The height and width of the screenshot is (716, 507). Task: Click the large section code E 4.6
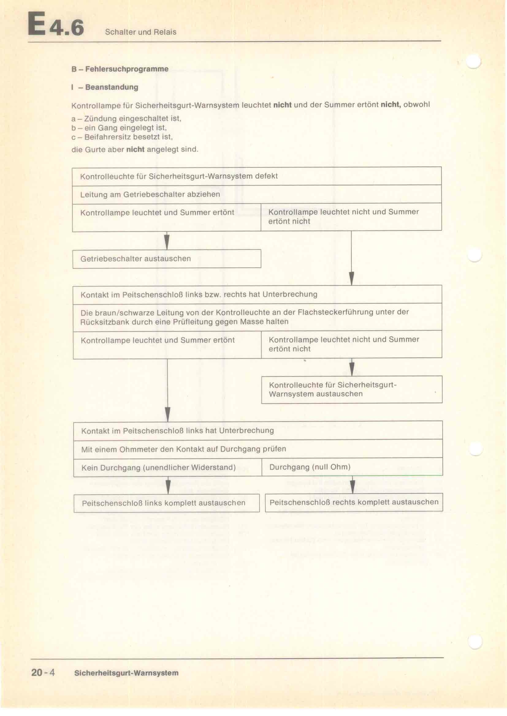click(x=56, y=24)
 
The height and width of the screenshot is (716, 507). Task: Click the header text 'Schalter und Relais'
click(x=140, y=32)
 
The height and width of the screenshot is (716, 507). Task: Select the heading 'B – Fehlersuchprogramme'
click(x=120, y=69)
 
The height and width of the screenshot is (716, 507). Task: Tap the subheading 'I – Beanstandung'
click(x=105, y=87)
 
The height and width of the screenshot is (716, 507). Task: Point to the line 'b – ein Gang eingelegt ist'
click(x=119, y=128)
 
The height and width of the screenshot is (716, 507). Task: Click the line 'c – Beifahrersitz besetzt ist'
click(x=122, y=137)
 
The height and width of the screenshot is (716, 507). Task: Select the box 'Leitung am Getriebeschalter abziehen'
click(x=257, y=194)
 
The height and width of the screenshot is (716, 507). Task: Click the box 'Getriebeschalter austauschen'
click(x=167, y=259)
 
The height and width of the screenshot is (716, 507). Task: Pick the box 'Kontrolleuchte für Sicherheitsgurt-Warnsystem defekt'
click(x=257, y=176)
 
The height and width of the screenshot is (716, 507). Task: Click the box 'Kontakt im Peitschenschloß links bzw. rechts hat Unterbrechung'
click(x=257, y=294)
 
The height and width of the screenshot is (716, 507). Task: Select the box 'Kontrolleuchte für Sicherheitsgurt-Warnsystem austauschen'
click(x=352, y=389)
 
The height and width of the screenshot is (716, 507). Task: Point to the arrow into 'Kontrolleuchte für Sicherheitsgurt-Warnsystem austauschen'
click(x=352, y=368)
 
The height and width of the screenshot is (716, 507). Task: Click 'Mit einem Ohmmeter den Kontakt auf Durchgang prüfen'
click(x=258, y=449)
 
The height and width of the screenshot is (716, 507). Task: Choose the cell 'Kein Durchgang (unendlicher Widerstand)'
click(x=168, y=467)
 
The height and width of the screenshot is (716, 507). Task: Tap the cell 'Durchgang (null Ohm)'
click(x=352, y=467)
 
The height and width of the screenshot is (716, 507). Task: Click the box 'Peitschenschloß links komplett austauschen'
click(x=167, y=503)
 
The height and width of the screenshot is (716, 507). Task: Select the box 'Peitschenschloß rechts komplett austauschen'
click(x=354, y=502)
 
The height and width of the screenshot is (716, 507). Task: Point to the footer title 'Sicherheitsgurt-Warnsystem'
click(x=126, y=673)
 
